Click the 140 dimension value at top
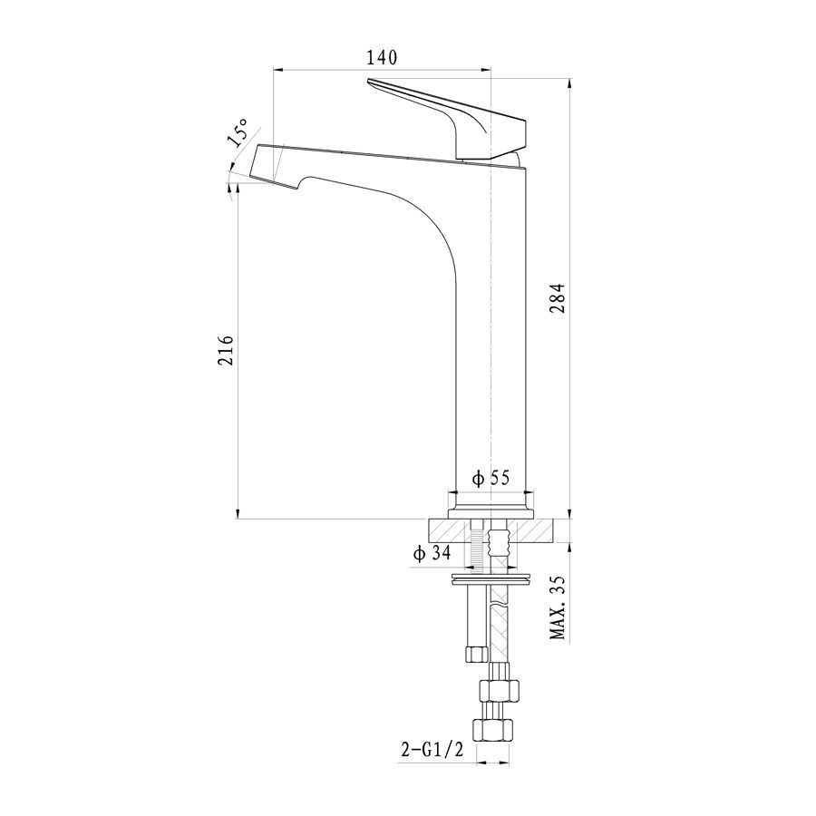(382, 57)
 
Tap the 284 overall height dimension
(557, 297)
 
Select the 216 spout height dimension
(226, 350)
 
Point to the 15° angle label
(237, 132)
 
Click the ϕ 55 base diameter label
(491, 477)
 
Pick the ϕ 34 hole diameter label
(432, 553)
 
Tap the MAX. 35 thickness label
(558, 607)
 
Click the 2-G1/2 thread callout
(432, 750)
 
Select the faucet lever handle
(447, 119)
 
